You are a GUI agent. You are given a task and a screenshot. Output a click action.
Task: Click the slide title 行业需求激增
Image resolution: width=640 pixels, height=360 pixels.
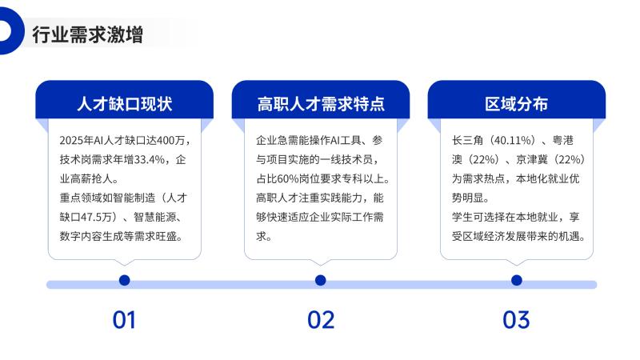88,34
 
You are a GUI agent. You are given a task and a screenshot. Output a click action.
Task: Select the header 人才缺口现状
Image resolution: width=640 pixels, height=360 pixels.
125,104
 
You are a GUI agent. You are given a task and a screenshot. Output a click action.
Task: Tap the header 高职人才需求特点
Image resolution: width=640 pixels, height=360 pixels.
321,104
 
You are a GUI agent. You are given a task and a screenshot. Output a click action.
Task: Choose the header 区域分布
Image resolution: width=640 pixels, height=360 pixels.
516,104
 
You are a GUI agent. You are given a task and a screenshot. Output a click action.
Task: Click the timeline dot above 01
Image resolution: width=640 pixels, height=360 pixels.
125,281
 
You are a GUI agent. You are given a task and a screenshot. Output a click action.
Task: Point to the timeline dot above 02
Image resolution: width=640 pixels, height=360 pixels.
321,281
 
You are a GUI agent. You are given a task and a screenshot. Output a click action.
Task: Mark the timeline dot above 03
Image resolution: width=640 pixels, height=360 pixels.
516,281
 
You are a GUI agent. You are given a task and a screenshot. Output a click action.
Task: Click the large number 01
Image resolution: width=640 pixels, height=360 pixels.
124,319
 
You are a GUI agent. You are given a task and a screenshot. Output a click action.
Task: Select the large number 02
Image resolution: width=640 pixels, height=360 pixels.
321,319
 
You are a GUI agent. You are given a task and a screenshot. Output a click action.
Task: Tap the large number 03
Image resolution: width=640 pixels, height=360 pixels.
516,319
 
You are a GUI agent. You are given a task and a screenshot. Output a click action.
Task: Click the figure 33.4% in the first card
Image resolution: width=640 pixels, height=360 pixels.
150,159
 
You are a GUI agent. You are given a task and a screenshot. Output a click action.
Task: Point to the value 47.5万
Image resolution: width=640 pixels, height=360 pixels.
95,217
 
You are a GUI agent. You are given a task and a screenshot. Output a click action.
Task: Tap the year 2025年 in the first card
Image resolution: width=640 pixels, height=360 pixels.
77,141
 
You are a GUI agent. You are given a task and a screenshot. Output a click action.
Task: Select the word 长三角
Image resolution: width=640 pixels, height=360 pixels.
468,141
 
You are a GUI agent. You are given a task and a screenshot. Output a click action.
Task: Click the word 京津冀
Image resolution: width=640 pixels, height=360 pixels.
532,159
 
